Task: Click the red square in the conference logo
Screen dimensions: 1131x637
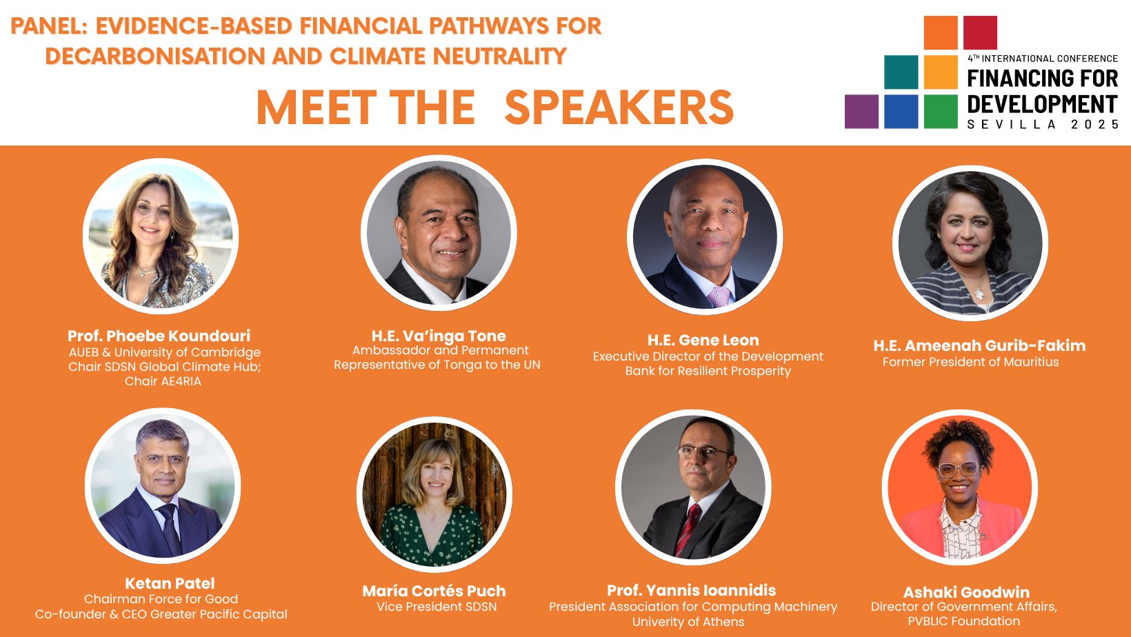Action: pos(980,32)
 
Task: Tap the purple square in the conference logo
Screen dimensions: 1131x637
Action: pos(861,112)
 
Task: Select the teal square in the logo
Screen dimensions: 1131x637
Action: pos(901,72)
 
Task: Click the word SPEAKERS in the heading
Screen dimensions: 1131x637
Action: pos(619,108)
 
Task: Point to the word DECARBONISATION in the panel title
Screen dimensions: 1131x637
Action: pos(155,56)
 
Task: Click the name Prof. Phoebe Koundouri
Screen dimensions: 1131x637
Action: pos(159,336)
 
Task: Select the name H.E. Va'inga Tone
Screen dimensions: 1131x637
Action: pos(439,336)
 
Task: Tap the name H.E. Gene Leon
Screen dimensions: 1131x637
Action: pos(703,340)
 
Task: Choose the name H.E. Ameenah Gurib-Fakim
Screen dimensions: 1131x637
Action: pos(979,346)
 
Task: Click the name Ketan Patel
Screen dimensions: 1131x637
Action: pos(170,583)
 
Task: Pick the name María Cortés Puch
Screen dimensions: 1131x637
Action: pos(434,591)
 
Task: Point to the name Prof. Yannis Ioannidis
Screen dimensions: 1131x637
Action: pos(691,590)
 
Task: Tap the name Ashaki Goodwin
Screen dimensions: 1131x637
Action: pos(966,592)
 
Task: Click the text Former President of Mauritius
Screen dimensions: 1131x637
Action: pos(970,362)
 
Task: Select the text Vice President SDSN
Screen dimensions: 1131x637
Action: pos(437,607)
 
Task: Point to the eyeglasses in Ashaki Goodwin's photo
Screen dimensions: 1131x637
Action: pos(959,469)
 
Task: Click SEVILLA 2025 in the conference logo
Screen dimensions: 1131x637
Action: pos(1043,124)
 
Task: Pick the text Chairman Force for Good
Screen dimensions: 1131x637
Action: pos(161,599)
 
